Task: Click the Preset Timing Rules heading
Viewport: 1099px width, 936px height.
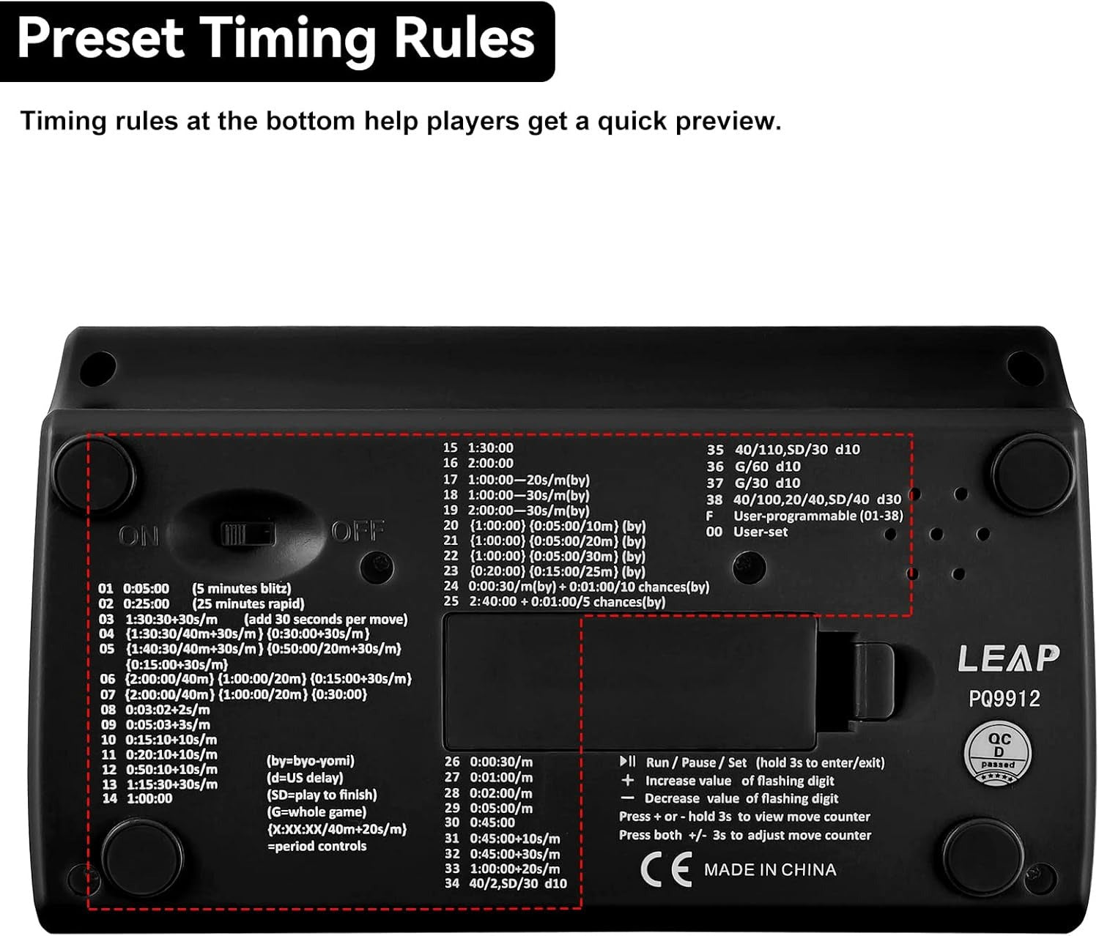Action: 276,40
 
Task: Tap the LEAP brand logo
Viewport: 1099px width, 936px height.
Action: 1008,658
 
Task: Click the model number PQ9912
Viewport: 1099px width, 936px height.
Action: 1004,699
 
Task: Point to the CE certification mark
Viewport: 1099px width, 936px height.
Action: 665,870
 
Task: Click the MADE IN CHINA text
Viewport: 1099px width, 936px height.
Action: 769,870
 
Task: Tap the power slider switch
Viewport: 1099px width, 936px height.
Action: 248,532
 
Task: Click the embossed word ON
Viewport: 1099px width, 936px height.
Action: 138,536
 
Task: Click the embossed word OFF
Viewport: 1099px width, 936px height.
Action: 358,531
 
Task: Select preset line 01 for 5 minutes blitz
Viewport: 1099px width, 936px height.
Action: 194,589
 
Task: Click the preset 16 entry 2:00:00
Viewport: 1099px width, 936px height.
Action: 478,464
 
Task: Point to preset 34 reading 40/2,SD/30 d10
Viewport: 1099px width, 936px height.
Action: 505,884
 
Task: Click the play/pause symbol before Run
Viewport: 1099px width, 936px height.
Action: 628,762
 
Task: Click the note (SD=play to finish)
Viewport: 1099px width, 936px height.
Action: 322,795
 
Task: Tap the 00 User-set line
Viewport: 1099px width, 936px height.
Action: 747,532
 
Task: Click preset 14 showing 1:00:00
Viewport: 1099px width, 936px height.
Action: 137,799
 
